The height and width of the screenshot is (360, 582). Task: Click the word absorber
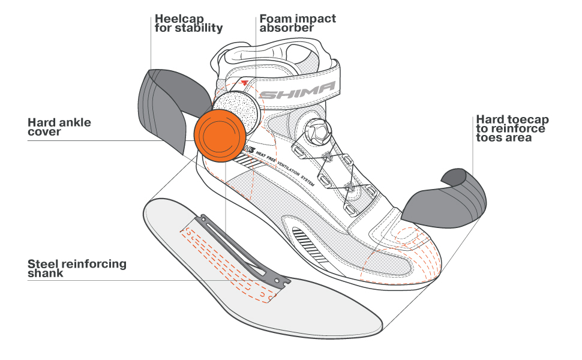287,28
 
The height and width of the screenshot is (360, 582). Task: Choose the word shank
46,274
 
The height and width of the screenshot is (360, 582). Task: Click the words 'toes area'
503,138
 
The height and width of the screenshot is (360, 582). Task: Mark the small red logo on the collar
243,82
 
